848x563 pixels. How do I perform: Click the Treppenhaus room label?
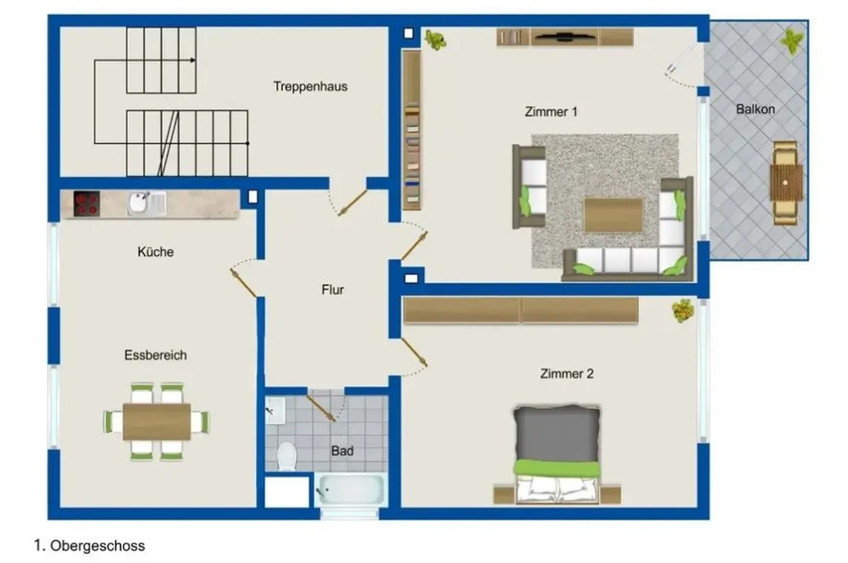pos(310,87)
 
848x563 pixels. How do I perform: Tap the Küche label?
pos(155,252)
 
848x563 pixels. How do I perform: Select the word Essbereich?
pos(155,356)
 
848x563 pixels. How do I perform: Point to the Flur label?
pos(333,290)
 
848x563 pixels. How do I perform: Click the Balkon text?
pos(755,109)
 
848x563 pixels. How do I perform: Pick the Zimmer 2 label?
pos(567,374)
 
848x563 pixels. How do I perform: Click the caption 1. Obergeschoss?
pos(89,546)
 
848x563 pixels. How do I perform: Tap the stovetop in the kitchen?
pos(87,203)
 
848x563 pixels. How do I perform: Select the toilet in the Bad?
pos(287,456)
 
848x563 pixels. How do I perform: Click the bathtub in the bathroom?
pos(351,490)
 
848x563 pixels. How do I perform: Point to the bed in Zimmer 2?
pos(557,455)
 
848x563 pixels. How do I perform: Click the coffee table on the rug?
pos(613,215)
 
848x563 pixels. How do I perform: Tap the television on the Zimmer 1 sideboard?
pos(564,36)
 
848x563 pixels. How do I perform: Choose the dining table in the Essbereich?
pos(157,422)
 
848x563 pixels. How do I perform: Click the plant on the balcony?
pos(792,40)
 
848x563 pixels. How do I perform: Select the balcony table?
pos(786,183)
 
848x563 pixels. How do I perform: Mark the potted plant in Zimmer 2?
pos(683,310)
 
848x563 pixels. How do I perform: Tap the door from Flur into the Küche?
pos(243,283)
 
